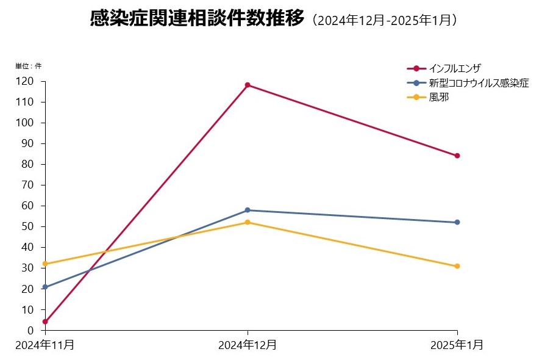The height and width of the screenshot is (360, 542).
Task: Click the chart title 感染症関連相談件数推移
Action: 196,20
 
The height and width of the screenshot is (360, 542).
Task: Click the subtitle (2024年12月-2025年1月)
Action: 384,21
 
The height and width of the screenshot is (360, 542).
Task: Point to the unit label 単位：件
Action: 28,66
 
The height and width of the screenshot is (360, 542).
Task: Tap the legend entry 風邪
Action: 439,97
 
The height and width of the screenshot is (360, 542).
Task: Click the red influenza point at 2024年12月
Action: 248,85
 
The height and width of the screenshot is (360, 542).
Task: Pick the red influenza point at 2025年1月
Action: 457,156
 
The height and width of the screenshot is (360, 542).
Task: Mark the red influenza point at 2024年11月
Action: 45,322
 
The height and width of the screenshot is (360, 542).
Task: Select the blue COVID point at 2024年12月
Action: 248,210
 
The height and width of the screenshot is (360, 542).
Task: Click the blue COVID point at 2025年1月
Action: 457,222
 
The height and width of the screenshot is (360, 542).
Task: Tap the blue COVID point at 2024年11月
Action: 45,287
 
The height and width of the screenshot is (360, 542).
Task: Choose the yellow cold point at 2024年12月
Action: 248,222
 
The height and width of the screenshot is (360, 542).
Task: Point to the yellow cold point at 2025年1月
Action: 457,266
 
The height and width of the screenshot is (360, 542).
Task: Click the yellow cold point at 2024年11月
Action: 45,264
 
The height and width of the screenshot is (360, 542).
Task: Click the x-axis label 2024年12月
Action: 248,345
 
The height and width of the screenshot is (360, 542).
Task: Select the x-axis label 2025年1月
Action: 457,345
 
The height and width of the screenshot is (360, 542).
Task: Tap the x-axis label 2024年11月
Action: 45,345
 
